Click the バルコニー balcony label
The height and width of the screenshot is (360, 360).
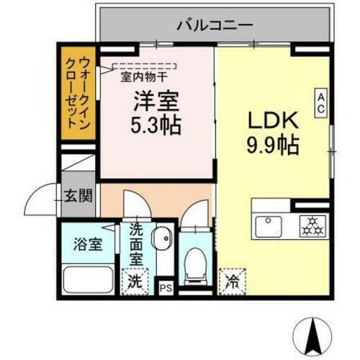pos(215,25)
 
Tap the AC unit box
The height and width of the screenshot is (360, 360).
pos(320,102)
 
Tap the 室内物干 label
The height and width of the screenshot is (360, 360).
pos(143,76)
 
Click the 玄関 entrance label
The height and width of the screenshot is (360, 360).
pos(80,194)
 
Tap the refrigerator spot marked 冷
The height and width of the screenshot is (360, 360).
pos(232,280)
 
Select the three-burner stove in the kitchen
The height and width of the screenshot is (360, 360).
pos(313,225)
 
